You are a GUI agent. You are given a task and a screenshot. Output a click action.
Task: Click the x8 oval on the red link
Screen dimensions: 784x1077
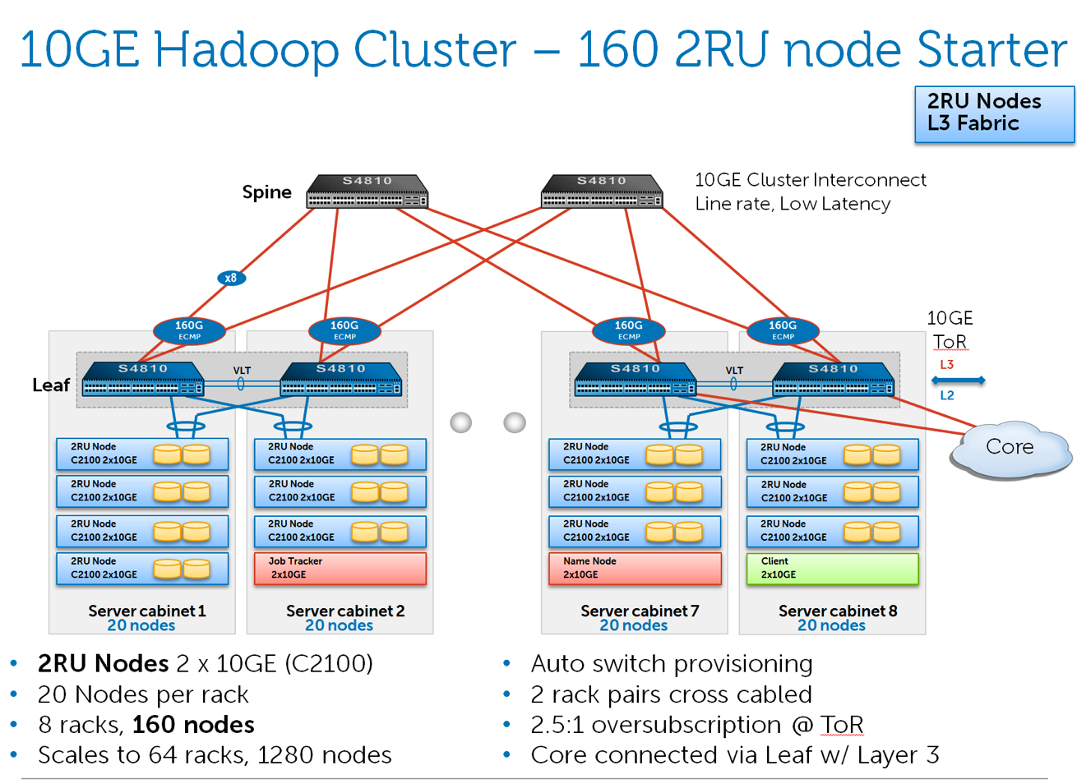click(231, 278)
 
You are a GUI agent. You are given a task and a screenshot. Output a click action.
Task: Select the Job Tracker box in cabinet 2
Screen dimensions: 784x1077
click(340, 568)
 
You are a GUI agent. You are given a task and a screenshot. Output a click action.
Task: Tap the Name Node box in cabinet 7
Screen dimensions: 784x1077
click(635, 568)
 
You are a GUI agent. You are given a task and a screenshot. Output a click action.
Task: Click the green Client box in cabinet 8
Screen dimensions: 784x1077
click(832, 568)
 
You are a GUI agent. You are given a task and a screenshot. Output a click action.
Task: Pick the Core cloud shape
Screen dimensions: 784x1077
click(1010, 448)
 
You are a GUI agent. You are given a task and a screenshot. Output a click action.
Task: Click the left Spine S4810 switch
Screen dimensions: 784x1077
click(367, 191)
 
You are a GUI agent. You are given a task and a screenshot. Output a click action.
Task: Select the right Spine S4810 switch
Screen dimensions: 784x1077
click(602, 191)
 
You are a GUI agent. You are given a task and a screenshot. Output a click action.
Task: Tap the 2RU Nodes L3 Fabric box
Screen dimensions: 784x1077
click(994, 113)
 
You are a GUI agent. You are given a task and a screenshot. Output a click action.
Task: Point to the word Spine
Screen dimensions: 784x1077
click(266, 192)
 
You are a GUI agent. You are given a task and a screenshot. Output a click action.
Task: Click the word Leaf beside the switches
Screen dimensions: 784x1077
click(51, 385)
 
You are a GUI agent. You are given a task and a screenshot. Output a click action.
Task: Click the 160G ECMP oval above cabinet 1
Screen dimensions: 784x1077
click(189, 330)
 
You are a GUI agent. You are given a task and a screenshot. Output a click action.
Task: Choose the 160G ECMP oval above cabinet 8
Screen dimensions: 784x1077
click(783, 330)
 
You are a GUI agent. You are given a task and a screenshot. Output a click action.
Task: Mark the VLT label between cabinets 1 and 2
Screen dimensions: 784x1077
click(242, 371)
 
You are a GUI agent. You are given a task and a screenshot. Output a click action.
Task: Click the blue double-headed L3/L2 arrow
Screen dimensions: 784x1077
click(958, 380)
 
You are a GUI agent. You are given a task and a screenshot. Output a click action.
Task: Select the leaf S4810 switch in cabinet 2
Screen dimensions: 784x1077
click(341, 380)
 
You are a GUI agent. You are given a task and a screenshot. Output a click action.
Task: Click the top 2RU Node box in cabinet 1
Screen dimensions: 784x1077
click(141, 454)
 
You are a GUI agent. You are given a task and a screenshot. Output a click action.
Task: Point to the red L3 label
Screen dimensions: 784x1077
click(946, 364)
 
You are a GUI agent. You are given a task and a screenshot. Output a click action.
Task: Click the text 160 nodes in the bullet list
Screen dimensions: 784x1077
click(193, 725)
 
